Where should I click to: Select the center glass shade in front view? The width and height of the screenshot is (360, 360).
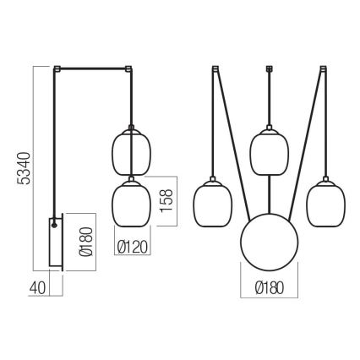coord(270,151)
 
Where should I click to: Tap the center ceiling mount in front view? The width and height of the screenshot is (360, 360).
coord(270,68)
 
